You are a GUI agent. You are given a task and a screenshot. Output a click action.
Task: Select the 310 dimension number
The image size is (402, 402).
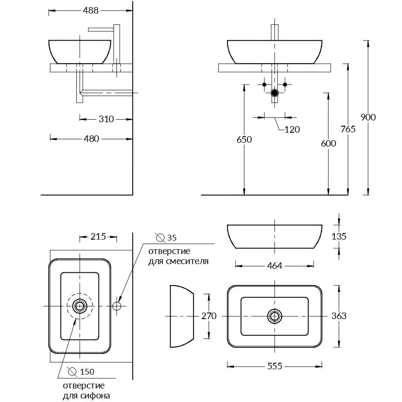point(106,119)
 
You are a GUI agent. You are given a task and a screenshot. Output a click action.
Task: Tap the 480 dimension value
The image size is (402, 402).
point(91,139)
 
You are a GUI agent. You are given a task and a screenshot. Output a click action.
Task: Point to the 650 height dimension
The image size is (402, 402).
point(244,140)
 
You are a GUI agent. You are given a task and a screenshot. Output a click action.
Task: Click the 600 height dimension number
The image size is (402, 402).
point(328,143)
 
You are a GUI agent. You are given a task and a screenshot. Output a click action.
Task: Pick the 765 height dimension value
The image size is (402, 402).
point(348,129)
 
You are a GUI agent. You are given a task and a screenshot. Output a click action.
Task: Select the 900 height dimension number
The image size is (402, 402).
point(368,117)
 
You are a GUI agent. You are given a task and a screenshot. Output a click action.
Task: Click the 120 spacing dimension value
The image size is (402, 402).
point(292,129)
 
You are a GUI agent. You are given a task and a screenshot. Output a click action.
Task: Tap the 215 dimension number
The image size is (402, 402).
point(98,237)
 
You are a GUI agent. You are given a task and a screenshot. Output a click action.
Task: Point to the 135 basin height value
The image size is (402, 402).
point(339,236)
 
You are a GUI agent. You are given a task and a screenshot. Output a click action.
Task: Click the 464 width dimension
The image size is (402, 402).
point(275,265)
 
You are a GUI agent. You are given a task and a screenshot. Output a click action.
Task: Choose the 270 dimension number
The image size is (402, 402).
point(209,316)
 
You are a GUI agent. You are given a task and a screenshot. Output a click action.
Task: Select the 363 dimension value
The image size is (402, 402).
point(339,316)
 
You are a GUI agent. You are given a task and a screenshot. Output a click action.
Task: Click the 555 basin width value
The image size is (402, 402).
point(275,366)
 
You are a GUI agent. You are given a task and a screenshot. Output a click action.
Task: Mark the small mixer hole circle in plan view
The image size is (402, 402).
point(117,305)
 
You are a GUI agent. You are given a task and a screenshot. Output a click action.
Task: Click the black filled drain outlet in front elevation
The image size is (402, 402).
point(275,93)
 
